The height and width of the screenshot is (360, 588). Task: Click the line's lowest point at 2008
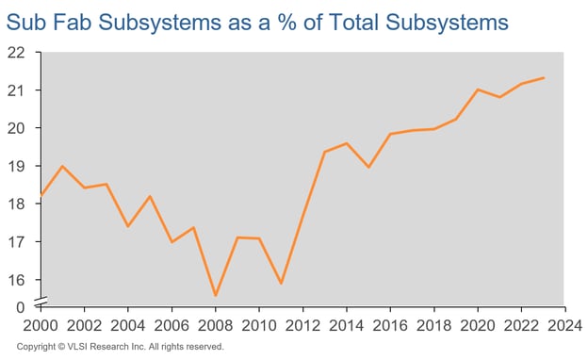[215, 296]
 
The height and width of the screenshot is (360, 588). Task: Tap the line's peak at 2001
[62, 166]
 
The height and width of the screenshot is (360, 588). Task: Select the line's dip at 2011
[281, 283]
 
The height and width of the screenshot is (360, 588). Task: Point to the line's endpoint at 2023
[544, 77]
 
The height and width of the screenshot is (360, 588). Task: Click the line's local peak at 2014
[346, 143]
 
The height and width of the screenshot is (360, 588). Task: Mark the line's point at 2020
[478, 90]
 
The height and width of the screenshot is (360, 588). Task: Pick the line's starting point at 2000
[41, 195]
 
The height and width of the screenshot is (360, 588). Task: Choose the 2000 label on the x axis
[41, 325]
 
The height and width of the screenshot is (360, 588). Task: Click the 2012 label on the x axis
[302, 325]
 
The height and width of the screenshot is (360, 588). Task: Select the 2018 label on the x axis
[433, 325]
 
